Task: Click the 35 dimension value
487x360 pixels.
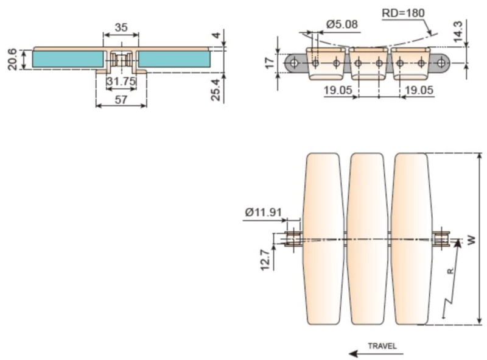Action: pos(121,27)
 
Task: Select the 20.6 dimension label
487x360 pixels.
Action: pos(12,59)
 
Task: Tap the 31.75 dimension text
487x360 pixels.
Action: pos(121,81)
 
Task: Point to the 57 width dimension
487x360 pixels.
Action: pos(121,99)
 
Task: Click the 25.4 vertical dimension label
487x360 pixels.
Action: pos(215,90)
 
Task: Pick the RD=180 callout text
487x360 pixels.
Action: pos(403,13)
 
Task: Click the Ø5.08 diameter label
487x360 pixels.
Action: pos(342,24)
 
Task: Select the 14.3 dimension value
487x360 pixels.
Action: pos(458,32)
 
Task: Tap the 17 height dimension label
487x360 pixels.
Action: pos(270,63)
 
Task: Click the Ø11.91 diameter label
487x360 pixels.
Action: pos(264,213)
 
